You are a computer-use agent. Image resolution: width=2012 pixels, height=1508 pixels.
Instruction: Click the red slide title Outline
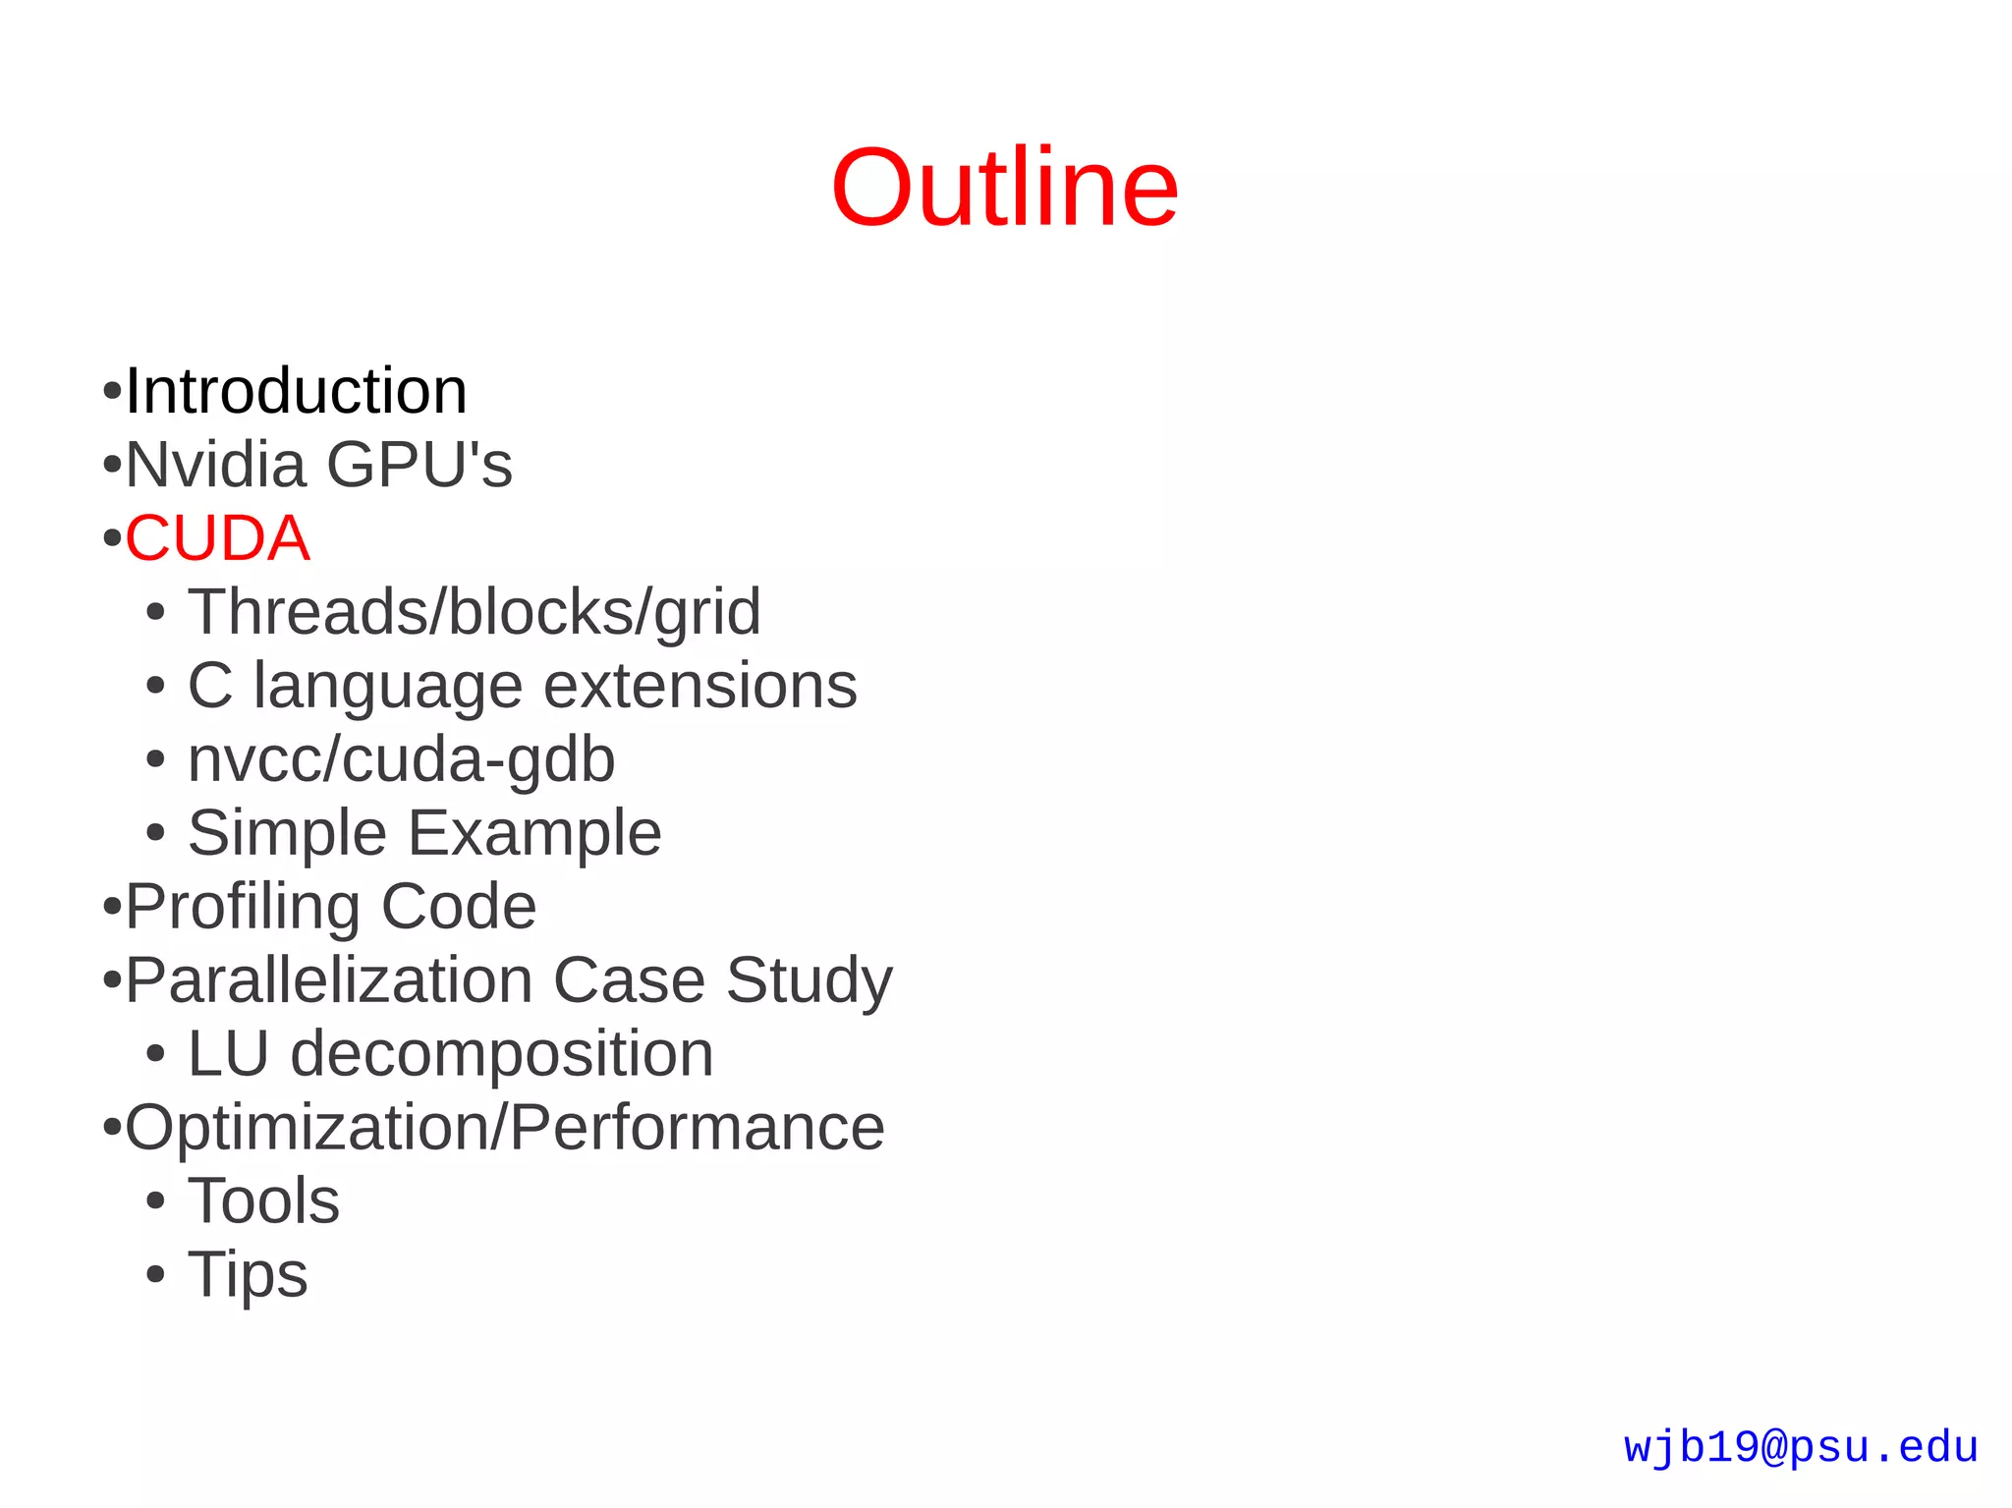(1004, 188)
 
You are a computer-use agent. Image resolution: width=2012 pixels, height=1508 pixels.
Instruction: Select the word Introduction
(296, 391)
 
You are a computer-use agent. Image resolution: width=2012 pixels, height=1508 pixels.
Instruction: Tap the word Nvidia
(215, 465)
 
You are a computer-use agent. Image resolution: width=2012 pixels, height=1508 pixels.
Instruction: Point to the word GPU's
(419, 465)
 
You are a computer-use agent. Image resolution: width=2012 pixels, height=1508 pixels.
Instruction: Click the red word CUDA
(217, 538)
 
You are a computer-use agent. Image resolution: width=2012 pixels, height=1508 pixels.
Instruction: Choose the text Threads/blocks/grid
(474, 612)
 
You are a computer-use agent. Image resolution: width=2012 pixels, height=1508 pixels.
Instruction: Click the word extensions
(699, 686)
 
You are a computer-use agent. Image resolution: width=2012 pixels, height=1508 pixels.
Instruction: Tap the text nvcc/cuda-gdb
(401, 760)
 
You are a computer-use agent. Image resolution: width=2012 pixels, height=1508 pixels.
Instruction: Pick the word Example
(534, 833)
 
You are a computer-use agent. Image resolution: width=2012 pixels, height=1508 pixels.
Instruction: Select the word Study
(810, 981)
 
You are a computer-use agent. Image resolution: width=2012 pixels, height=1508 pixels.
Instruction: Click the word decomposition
(502, 1054)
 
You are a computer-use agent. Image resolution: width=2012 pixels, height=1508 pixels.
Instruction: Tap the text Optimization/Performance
(505, 1128)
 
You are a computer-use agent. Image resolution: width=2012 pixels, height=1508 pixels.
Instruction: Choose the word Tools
(263, 1201)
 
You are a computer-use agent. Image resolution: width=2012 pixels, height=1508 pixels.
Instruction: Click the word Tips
(248, 1275)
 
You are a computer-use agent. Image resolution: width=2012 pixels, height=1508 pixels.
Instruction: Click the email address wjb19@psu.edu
(1801, 1447)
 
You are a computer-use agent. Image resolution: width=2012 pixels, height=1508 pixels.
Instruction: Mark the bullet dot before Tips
(155, 1275)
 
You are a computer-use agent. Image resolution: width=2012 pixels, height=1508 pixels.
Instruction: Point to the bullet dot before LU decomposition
(155, 1055)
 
